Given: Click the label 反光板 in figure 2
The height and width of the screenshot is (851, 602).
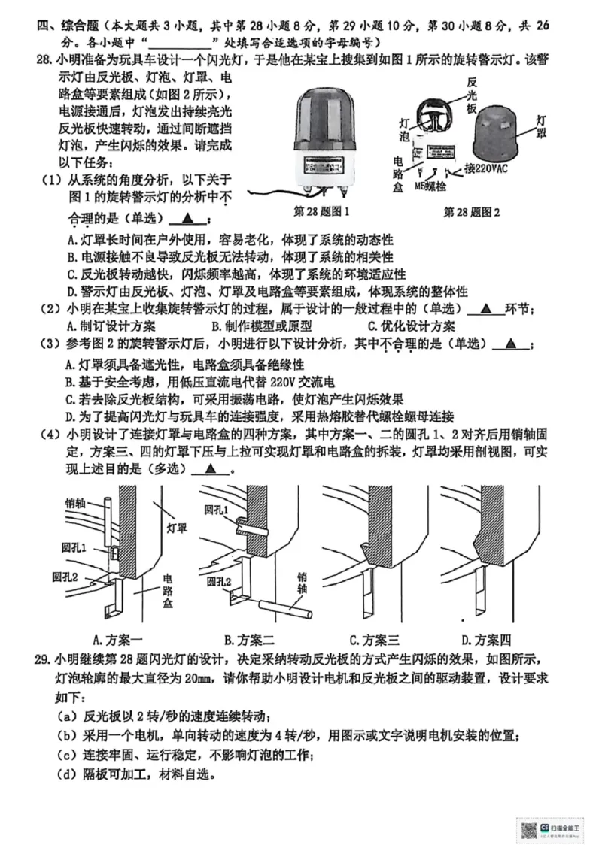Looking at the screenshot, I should pyautogui.click(x=471, y=94).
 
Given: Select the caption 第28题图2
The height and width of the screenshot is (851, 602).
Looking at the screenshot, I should pyautogui.click(x=472, y=212).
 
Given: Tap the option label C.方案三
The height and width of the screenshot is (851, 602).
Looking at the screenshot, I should pyautogui.click(x=374, y=640).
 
